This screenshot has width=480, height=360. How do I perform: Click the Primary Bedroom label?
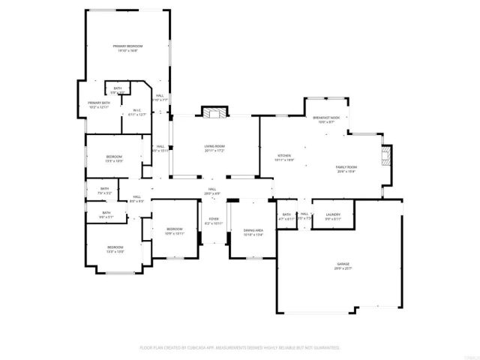pos(128,48)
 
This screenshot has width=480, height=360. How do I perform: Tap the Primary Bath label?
pos(99,104)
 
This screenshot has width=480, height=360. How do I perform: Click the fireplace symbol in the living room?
pos(214,112)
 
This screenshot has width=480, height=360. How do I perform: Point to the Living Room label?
pos(214,149)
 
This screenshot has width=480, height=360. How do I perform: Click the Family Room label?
pos(346,169)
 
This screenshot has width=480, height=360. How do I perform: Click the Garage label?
pos(343,266)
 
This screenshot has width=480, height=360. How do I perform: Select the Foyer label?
pos(214,221)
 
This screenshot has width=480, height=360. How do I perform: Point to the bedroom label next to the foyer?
pos(174,231)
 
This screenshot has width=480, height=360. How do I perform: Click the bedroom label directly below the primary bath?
pos(114,158)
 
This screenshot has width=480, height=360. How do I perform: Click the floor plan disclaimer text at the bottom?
pos(240,348)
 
